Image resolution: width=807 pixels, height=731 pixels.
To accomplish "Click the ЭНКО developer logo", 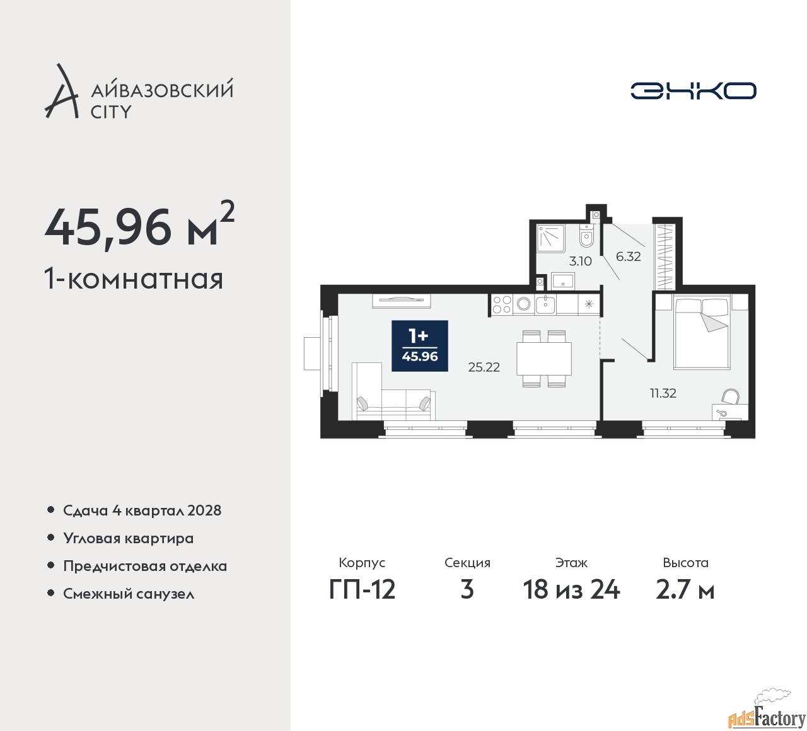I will click(693, 91).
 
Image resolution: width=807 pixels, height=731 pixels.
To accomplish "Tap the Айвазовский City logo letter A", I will click(62, 92).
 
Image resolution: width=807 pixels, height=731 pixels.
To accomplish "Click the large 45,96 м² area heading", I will click(139, 226).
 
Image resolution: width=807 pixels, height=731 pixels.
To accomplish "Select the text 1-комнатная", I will click(134, 279).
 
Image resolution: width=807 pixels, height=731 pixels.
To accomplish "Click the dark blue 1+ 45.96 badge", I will click(420, 345).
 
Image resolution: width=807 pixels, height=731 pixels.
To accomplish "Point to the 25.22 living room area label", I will click(484, 367).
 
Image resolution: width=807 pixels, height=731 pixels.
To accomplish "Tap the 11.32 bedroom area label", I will click(663, 393).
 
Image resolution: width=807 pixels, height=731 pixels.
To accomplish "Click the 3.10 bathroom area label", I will click(580, 261).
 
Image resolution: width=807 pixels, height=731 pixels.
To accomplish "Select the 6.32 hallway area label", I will click(628, 256).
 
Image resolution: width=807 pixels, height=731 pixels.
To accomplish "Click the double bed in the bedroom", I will click(700, 333).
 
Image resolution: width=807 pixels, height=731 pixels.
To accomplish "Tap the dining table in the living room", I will click(543, 359).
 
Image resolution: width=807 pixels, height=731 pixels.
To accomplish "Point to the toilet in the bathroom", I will click(586, 238).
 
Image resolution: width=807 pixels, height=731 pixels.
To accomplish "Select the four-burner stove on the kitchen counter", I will click(502, 305).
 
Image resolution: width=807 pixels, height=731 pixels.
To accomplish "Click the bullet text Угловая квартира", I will click(128, 538).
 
